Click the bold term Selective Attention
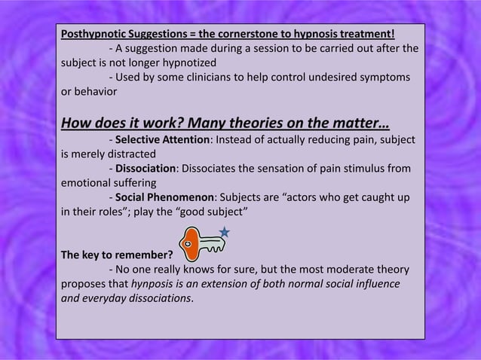pyautogui.click(x=160, y=141)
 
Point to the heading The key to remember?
pyautogui.click(x=116, y=254)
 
